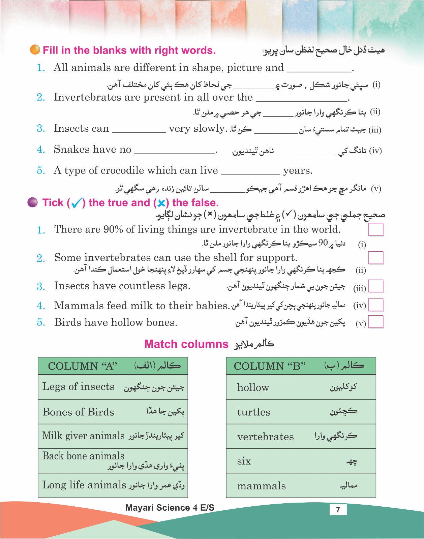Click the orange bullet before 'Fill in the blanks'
point(35,50)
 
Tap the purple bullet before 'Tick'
point(32,202)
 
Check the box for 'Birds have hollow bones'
point(376,322)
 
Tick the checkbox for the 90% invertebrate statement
point(376,230)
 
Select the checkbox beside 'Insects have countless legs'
point(376,286)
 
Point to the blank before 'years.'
point(250,171)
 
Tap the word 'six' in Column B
point(244,461)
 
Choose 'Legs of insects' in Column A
point(79,387)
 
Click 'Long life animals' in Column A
point(84,485)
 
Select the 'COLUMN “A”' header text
point(83,366)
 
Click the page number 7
point(338,509)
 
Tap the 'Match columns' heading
point(186,344)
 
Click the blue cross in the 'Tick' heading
point(161,203)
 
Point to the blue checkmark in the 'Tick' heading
point(77,203)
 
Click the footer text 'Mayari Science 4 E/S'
point(170,508)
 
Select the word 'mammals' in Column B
point(261,486)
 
